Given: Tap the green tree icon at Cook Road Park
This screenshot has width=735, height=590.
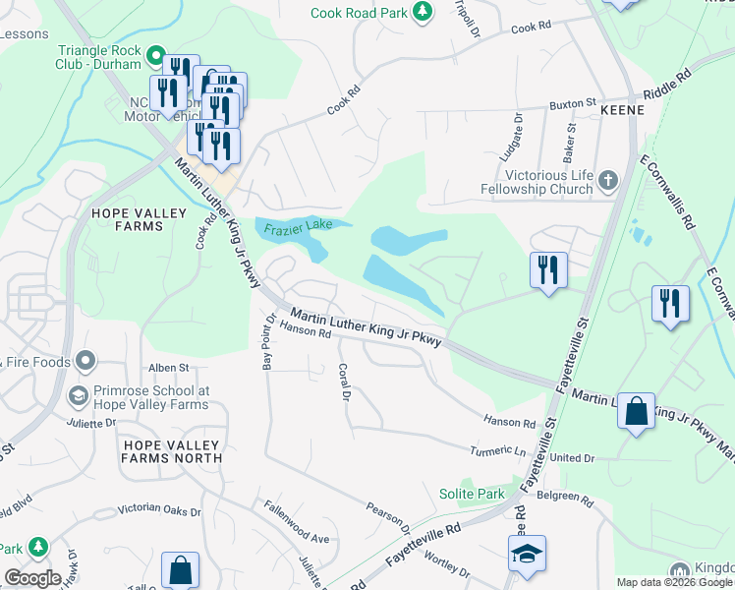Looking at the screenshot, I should point(422,12).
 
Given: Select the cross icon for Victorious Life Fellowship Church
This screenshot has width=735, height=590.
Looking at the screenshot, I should point(608,180).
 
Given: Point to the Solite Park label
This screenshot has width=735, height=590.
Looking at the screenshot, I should point(471,494).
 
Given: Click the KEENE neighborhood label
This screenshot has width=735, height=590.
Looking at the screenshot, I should point(621,110).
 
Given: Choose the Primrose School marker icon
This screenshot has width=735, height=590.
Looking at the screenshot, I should point(78,396).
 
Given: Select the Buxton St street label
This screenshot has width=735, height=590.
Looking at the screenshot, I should point(573,102).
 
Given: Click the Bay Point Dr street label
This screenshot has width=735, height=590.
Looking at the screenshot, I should point(266,339).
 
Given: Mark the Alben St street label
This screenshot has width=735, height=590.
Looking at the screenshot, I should point(168,368).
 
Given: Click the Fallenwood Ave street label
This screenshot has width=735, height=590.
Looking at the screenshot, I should point(296,521).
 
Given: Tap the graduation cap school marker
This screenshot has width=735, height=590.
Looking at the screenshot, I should point(526,555).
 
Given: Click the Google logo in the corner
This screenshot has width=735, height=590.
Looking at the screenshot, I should point(32,578).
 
